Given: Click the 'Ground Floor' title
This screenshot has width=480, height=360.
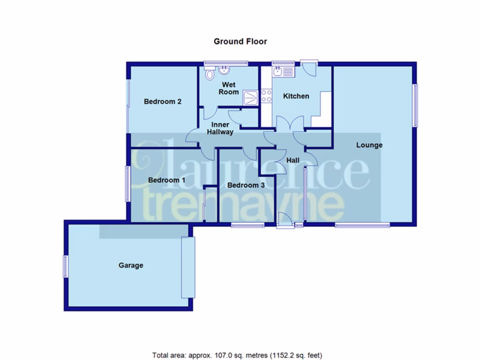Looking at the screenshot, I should [240, 41].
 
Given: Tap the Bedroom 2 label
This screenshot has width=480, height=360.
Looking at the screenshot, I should [163, 101].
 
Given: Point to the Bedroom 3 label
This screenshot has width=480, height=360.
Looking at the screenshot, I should [246, 185].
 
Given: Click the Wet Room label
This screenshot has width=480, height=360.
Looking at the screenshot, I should [229, 88].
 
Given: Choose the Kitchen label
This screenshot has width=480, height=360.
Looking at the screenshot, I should [296, 96].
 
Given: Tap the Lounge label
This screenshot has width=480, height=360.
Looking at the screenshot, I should [369, 145].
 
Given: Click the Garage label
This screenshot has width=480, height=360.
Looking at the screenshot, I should [131, 265].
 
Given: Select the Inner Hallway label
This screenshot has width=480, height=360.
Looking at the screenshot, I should [220, 128].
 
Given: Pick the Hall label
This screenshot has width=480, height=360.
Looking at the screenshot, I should [293, 160].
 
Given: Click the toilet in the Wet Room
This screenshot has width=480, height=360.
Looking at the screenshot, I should [210, 73].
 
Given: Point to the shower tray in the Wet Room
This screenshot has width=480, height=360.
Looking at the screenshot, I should [251, 97].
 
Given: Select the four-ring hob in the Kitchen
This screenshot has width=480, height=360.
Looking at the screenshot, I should [267, 96].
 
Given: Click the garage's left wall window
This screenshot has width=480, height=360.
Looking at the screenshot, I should [66, 266].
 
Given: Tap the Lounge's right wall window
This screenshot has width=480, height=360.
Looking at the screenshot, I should [415, 105].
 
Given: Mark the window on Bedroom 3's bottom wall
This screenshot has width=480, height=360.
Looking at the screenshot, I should [247, 225].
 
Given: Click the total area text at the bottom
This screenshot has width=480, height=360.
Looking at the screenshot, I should [237, 355].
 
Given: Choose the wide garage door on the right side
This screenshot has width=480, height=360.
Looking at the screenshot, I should [188, 267].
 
